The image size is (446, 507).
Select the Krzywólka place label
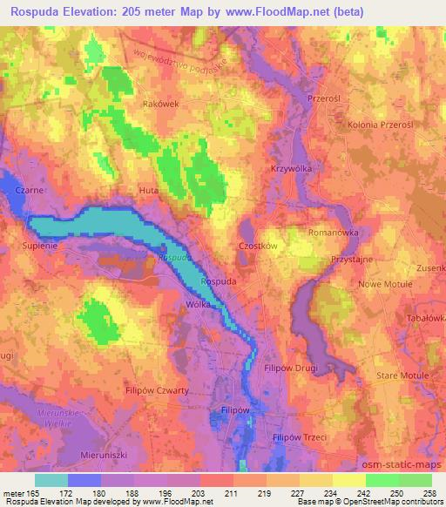click(292, 168)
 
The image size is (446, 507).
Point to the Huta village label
click(149, 189)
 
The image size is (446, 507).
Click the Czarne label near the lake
click(18, 187)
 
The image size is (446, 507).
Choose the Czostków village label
click(257, 247)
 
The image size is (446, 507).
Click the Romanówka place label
click(334, 233)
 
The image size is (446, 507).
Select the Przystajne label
click(352, 260)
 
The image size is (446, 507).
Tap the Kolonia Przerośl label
click(379, 125)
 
